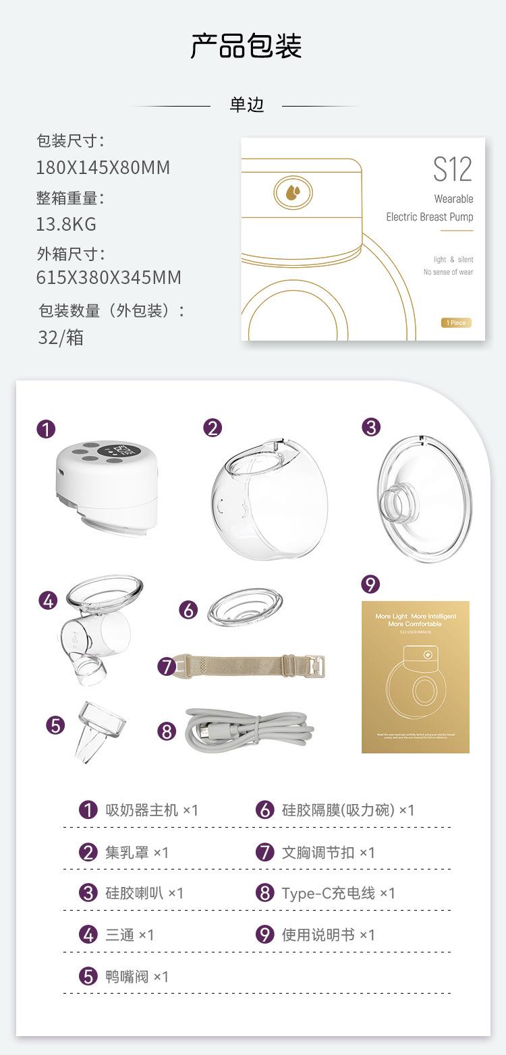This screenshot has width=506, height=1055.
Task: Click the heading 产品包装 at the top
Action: pos(246,46)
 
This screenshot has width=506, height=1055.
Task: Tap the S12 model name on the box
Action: pos(452,169)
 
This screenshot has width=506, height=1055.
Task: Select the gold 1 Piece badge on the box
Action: pos(456,322)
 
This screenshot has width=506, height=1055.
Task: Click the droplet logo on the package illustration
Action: pos(293,192)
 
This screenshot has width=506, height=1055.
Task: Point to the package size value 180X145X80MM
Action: pos(103,167)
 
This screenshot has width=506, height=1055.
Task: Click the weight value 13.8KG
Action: pos(66,223)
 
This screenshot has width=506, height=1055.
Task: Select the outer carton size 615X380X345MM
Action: pos(109,277)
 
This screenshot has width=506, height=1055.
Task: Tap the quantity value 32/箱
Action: pos(61,337)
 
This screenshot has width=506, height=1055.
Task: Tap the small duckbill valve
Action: pos(100,730)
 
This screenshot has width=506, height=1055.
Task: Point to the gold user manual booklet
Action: pos(415,677)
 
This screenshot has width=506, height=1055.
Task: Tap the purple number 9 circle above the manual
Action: pos(370,583)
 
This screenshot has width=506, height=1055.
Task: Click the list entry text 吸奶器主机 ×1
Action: pos(151,809)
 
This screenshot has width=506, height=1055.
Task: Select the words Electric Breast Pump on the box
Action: pos(429,217)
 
